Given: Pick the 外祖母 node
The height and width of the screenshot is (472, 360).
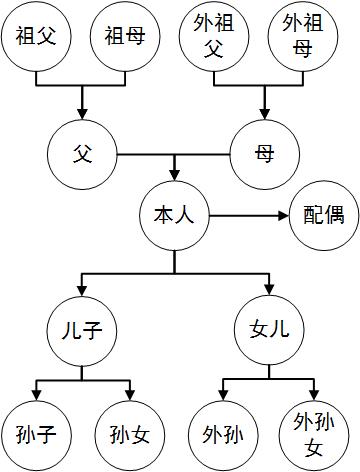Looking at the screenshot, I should pos(302,38).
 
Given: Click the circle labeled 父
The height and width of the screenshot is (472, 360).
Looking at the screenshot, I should pos(83,154).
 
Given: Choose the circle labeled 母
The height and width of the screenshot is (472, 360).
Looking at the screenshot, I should pos(264,154).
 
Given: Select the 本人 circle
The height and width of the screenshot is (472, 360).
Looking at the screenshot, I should pos(174,214).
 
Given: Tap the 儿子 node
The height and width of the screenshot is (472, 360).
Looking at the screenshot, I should pos(83,328).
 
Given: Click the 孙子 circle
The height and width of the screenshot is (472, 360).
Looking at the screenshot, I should pos(36,434).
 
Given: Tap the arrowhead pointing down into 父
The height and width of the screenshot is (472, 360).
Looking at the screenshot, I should pos(83,112).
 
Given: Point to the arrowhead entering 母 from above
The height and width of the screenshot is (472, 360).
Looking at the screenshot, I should pos(264,112).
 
